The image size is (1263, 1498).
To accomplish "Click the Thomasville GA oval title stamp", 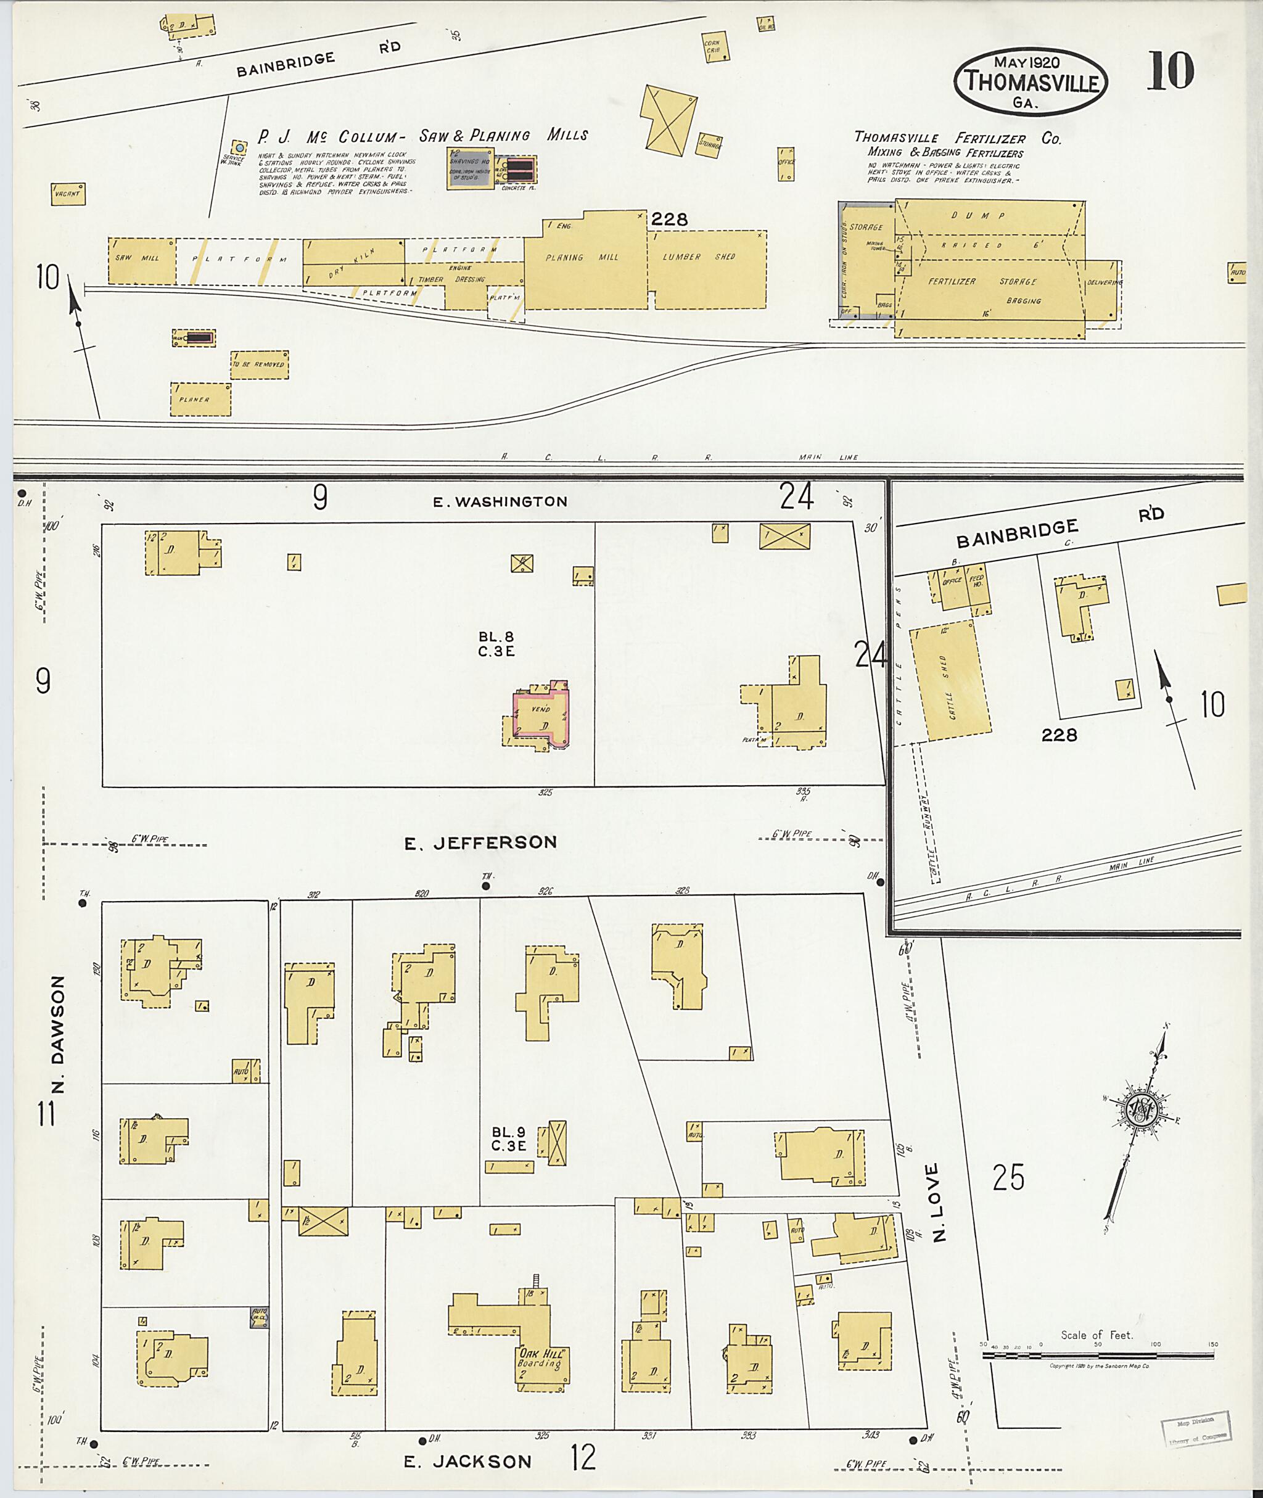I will click(1031, 81).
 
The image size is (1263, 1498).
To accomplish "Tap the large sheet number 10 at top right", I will click(1170, 71).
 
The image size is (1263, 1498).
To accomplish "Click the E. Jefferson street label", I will click(480, 843).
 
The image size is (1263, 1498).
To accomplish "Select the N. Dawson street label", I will click(58, 1034).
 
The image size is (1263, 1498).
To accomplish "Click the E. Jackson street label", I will click(467, 1462).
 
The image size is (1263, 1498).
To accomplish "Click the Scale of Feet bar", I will click(1098, 1355).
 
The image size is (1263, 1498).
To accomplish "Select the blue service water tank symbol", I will click(239, 148).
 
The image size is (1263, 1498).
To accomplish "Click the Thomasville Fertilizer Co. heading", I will click(957, 138).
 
